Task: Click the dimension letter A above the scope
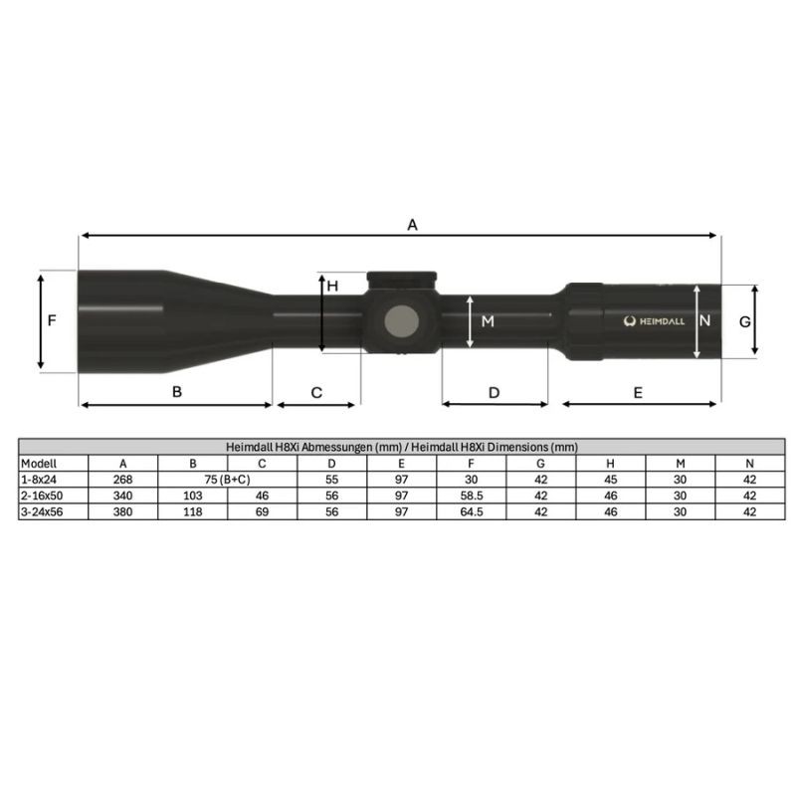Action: (x=412, y=225)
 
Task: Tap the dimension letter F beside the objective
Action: (x=52, y=320)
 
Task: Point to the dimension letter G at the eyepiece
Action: (x=744, y=321)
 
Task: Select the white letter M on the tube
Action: (x=488, y=321)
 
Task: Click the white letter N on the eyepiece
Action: (x=704, y=320)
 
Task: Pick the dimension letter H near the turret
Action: (x=332, y=287)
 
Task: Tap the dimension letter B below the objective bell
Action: (x=177, y=392)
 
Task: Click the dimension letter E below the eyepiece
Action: (x=638, y=392)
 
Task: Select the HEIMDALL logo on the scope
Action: (x=654, y=321)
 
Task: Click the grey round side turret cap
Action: (x=402, y=321)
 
